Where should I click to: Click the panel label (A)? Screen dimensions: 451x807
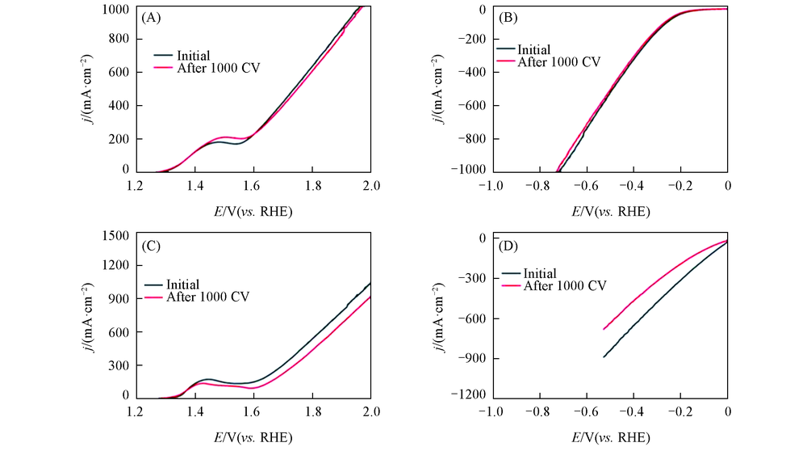click(x=153, y=18)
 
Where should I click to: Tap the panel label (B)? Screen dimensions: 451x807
click(x=509, y=18)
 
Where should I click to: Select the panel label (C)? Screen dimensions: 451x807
click(x=153, y=247)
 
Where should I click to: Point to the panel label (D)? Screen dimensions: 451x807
click(x=509, y=247)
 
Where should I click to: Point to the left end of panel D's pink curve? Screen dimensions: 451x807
click(x=603, y=329)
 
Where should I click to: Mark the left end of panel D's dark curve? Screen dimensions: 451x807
click(x=603, y=357)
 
